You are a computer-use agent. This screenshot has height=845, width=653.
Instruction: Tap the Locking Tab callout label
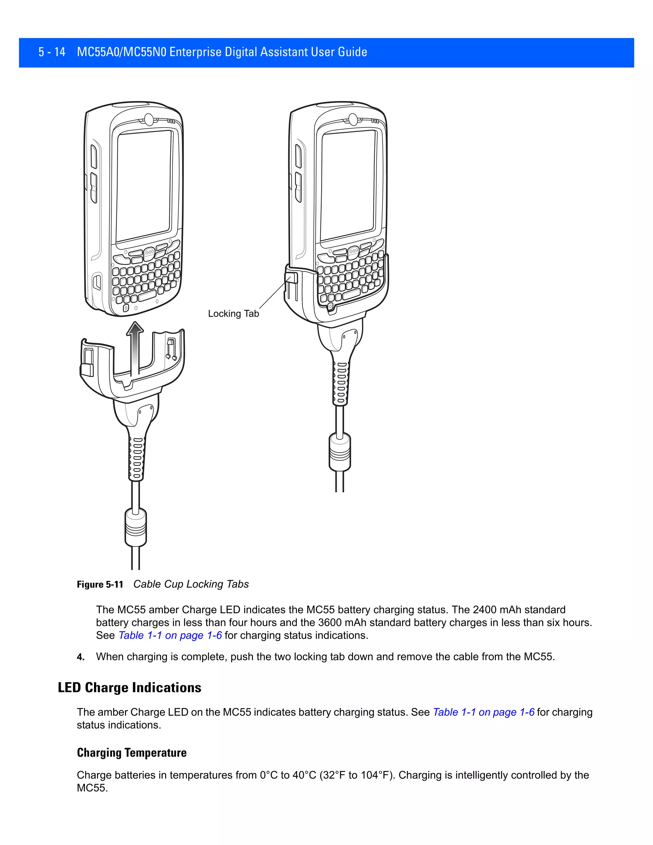pyautogui.click(x=233, y=314)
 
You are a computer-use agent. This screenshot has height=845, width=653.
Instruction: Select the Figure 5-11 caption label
pyautogui.click(x=100, y=584)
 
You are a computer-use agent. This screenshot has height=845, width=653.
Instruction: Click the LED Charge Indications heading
pyautogui.click(x=129, y=687)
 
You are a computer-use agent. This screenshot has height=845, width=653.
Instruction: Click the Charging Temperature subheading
pyautogui.click(x=132, y=753)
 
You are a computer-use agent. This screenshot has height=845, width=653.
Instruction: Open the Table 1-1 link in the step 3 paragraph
pyautogui.click(x=170, y=635)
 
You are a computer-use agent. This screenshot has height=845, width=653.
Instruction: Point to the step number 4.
pyautogui.click(x=80, y=657)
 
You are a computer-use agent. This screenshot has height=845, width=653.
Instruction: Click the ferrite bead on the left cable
pyautogui.click(x=136, y=527)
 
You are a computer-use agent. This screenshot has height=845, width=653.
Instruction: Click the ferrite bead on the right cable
pyautogui.click(x=340, y=452)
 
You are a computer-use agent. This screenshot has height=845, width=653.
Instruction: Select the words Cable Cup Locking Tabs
pyautogui.click(x=191, y=584)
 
